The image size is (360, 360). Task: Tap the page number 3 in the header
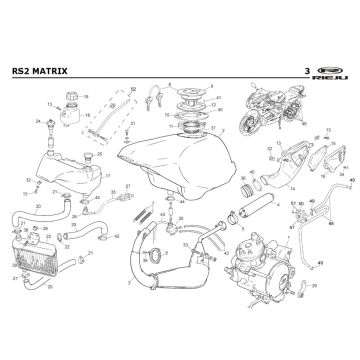pos(306,71)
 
